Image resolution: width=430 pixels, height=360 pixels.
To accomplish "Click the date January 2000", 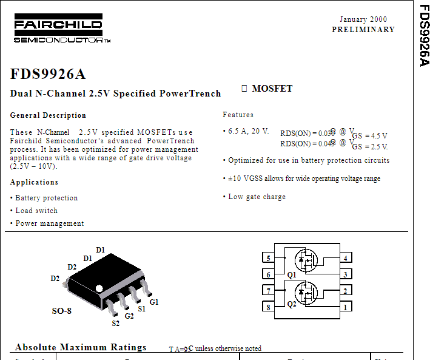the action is [x=363, y=19].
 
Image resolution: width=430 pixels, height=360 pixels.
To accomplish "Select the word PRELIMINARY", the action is [x=363, y=30].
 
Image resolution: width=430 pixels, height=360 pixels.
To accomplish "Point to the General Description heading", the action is [x=48, y=115].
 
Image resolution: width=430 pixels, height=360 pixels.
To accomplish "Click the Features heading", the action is [x=238, y=115].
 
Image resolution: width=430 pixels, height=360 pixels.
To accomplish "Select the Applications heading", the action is [x=34, y=182].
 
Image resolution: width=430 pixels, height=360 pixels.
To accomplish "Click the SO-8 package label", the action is [x=61, y=311].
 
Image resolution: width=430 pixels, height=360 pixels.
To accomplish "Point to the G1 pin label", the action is [x=154, y=302].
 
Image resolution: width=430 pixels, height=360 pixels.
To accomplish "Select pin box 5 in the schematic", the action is [x=268, y=259].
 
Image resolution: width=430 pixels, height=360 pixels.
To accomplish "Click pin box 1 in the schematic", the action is [x=345, y=307].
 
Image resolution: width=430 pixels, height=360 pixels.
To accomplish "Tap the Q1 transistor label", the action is [x=292, y=275].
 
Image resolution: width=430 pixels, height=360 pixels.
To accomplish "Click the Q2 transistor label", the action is [x=292, y=304].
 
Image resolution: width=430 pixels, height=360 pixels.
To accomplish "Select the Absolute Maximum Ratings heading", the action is [x=81, y=348].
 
